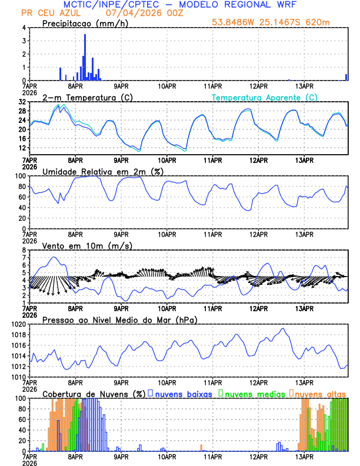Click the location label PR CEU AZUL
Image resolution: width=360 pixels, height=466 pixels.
tap(50, 13)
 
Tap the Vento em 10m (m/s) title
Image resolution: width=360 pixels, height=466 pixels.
tap(87, 245)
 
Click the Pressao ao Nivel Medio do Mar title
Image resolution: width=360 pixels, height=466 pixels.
tap(119, 319)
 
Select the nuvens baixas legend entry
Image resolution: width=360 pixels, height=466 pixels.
tap(183, 393)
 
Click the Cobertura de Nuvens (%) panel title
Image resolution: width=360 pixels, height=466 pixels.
tap(94, 393)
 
